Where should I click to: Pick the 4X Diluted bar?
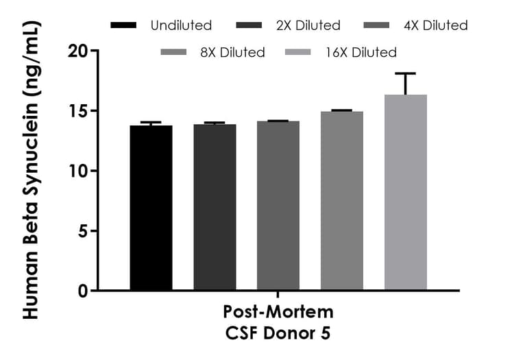278,206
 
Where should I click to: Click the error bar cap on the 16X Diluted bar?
406,73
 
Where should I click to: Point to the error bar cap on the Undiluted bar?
151,122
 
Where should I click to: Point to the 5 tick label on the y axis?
84,231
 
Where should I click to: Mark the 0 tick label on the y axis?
84,291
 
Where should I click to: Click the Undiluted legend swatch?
124,26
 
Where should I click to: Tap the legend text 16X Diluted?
361,52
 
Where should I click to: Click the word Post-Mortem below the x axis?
278,312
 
